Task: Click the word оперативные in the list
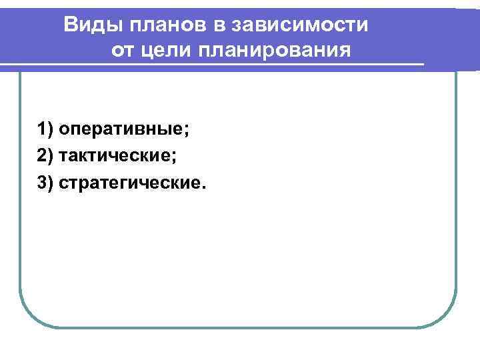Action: pyautogui.click(x=121, y=129)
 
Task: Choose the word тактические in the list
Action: pyautogui.click(x=115, y=155)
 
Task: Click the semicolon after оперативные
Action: pyautogui.click(x=187, y=130)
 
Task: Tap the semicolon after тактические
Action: pyautogui.click(x=174, y=157)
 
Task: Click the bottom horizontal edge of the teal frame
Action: pyautogui.click(x=238, y=327)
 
